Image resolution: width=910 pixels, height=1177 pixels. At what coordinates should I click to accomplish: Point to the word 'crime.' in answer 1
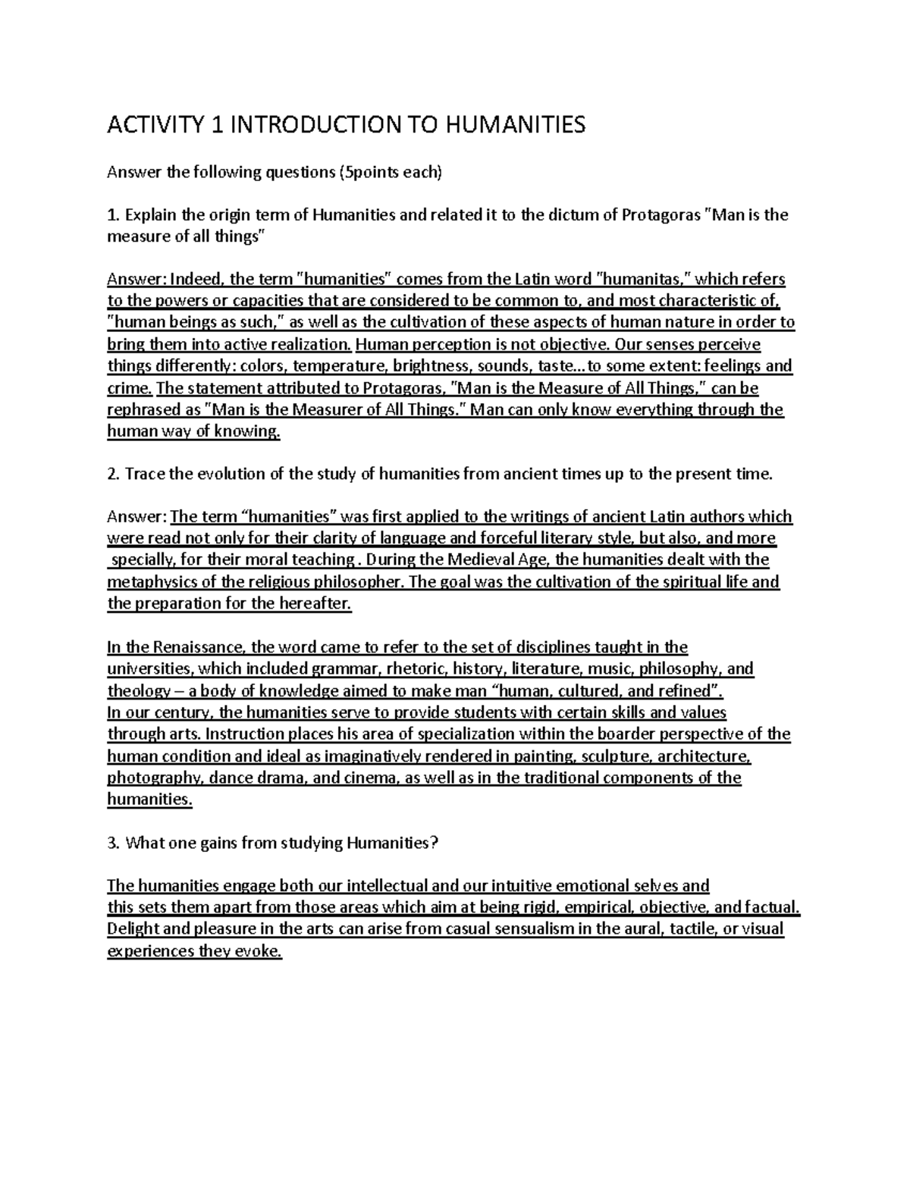(x=130, y=388)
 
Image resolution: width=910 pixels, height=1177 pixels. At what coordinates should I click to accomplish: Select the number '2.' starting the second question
(x=114, y=474)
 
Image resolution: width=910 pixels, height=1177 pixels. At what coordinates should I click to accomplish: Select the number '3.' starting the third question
(x=114, y=843)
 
